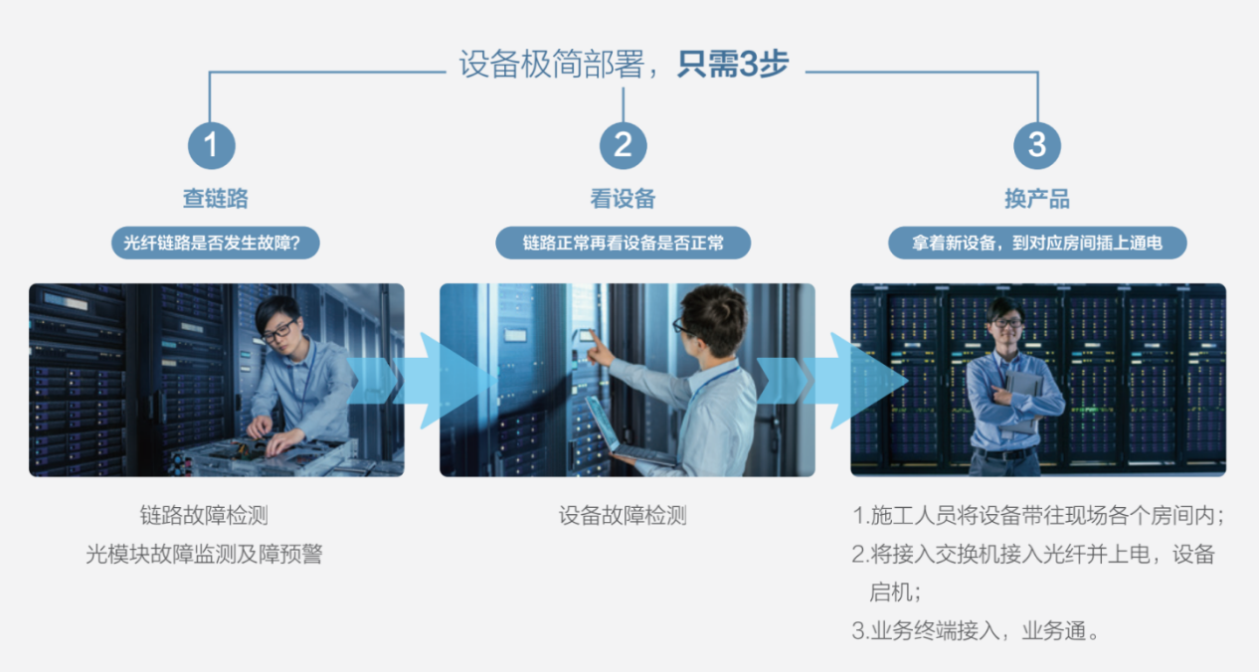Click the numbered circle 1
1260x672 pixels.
(212, 145)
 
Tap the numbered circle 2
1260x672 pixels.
(623, 145)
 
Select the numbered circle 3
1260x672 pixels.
(1036, 145)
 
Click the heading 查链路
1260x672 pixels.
(216, 199)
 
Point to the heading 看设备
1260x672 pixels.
(623, 199)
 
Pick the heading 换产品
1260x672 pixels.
(1036, 199)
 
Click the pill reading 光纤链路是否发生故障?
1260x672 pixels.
(216, 243)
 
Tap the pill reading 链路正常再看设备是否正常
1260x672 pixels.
(623, 243)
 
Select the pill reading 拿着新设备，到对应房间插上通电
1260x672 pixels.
(1037, 243)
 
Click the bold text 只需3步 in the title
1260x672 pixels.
(733, 64)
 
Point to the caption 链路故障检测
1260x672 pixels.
(204, 515)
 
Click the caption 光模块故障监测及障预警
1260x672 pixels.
(204, 554)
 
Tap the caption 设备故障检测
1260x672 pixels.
(623, 515)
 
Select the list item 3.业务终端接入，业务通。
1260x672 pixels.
(976, 630)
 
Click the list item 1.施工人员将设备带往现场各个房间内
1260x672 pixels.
(1038, 515)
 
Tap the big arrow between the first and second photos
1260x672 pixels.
(422, 381)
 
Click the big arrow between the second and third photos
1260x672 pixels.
(832, 381)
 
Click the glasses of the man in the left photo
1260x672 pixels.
(279, 330)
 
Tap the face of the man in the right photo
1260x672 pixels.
(1006, 325)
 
